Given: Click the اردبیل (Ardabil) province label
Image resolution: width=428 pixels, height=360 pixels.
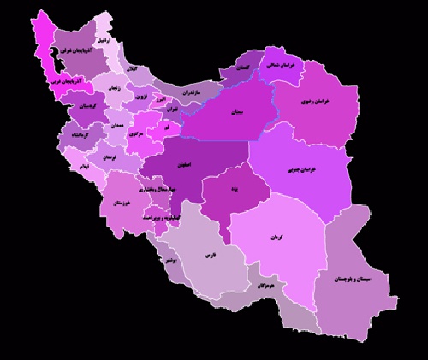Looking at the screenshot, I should pos(102,40).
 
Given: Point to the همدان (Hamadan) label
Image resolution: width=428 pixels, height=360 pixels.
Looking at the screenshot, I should pos(116,126).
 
